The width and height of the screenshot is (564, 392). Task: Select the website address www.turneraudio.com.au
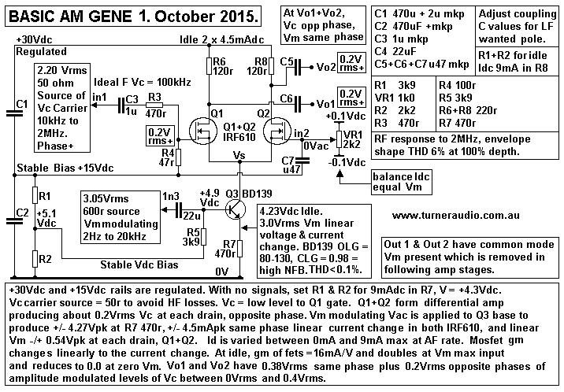pos(452,215)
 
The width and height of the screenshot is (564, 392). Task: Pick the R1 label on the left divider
pos(45,194)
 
